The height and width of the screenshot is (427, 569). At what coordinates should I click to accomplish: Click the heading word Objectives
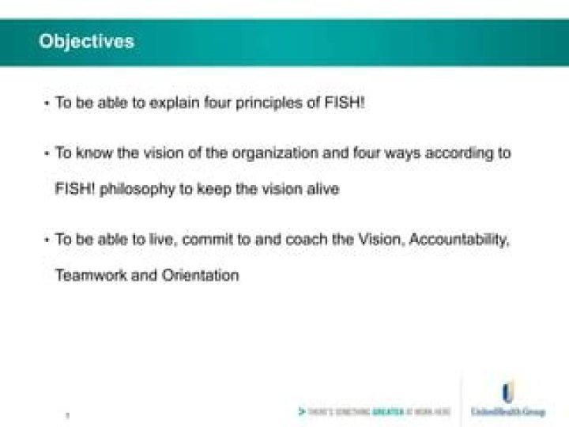pyautogui.click(x=86, y=41)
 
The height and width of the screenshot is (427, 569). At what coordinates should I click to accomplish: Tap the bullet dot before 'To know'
pyautogui.click(x=47, y=153)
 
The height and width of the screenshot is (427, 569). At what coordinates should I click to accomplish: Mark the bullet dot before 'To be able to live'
pyautogui.click(x=47, y=240)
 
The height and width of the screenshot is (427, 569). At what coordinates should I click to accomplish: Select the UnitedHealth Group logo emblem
pyautogui.click(x=507, y=393)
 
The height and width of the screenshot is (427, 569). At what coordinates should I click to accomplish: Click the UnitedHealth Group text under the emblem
pyautogui.click(x=507, y=412)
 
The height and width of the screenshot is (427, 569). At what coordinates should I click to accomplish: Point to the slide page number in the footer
pyautogui.click(x=67, y=414)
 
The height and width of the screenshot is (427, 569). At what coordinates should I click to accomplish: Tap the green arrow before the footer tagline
pyautogui.click(x=301, y=412)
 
